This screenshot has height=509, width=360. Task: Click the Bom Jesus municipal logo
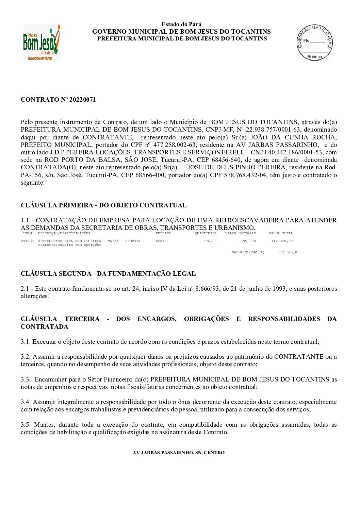[42, 42]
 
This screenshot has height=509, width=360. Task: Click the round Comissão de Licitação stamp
[314, 43]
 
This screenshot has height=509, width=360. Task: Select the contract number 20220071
[82, 100]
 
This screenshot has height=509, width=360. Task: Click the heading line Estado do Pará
[181, 24]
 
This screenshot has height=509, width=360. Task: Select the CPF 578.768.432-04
[245, 175]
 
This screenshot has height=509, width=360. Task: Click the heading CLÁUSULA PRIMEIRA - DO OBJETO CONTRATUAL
[103, 205]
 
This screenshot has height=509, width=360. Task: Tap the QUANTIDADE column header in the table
[206, 233]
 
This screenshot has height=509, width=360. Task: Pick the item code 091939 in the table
[27, 241]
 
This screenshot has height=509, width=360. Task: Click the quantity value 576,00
[210, 241]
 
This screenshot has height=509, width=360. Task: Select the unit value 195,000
[248, 241]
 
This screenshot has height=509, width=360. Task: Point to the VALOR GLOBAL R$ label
[248, 252]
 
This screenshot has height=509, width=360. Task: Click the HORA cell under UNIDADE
[160, 241]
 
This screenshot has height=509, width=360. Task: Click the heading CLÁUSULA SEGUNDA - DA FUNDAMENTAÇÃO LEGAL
[108, 274]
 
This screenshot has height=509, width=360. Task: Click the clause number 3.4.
[26, 402]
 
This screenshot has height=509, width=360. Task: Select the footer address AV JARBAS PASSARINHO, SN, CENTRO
[178, 453]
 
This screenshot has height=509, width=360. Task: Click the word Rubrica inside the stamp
[314, 57]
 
